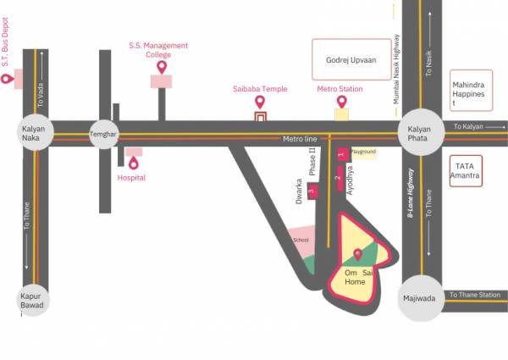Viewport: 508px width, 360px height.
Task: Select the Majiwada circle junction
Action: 421,298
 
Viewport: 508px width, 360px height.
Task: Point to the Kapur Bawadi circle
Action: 36,302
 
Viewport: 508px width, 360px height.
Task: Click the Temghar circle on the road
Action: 104,134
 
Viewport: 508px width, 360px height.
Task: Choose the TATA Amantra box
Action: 467,170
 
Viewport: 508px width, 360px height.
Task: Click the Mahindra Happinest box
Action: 471,94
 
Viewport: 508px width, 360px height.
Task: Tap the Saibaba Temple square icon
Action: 261,115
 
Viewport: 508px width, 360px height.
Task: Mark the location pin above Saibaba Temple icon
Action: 261,102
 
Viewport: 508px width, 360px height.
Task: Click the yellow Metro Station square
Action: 341,114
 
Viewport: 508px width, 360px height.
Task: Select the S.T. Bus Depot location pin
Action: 7,79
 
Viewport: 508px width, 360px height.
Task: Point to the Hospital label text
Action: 131,178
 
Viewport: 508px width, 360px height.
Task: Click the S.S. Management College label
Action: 158,50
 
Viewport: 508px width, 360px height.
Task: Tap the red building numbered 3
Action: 312,193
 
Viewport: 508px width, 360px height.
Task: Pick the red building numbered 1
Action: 341,154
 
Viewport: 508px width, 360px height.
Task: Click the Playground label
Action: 363,152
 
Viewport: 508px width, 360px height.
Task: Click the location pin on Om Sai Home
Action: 357,254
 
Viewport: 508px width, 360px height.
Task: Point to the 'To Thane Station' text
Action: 475,295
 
